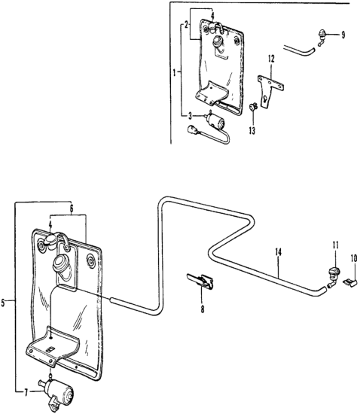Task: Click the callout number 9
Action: (343, 35)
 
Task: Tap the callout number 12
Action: (271, 59)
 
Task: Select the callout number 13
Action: (252, 130)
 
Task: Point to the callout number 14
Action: (278, 252)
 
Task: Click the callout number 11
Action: (335, 245)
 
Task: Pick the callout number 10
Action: (354, 258)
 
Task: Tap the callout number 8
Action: (203, 309)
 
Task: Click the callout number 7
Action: (26, 393)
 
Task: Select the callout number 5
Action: (3, 303)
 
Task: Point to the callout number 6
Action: (72, 208)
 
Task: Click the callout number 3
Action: (190, 116)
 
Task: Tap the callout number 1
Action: (174, 72)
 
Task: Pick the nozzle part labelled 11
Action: (333, 275)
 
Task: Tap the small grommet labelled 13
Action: (253, 107)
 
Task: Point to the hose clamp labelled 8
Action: (200, 281)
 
